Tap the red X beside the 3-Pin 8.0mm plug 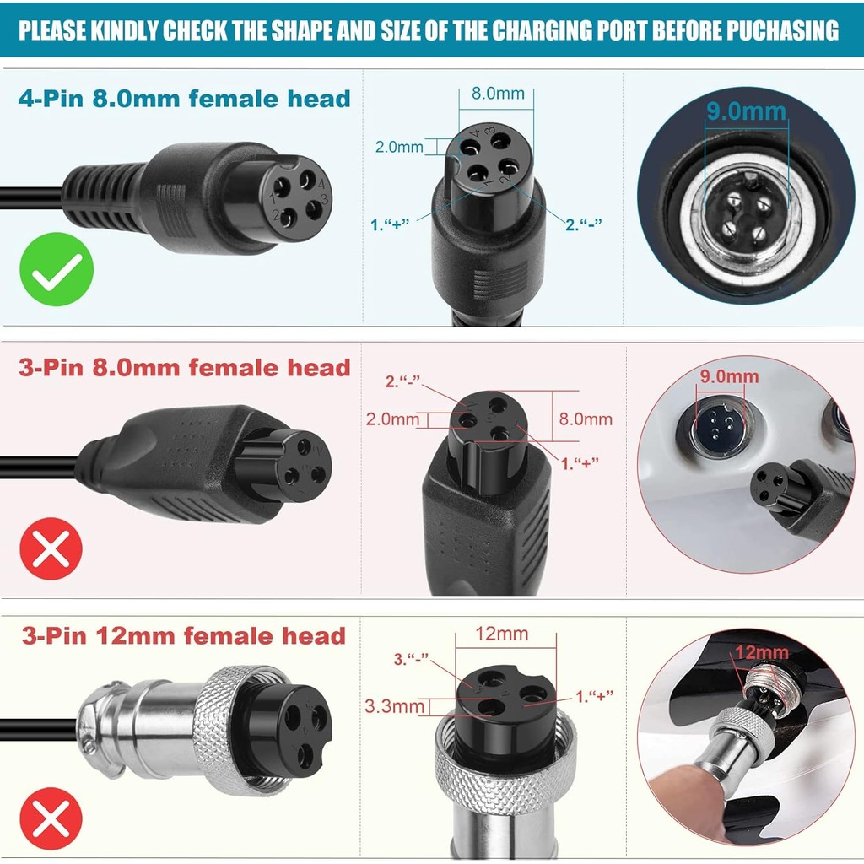tap(51, 548)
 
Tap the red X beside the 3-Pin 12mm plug tap(51, 818)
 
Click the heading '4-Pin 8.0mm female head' tap(184, 99)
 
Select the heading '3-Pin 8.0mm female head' tap(184, 368)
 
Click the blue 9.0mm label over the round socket tap(746, 111)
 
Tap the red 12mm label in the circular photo tap(761, 652)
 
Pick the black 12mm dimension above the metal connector tap(501, 633)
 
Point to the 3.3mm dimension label tap(394, 705)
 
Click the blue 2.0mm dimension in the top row tap(399, 147)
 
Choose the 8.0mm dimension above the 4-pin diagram tap(498, 94)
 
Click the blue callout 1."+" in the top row tap(390, 224)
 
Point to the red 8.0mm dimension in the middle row tap(586, 418)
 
